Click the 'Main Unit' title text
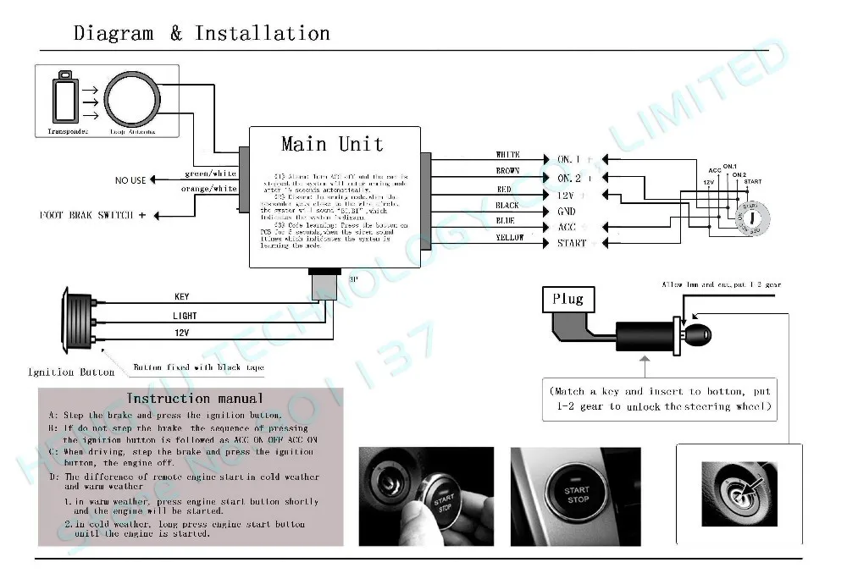[332, 144]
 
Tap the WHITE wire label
[507, 155]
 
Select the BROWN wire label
[507, 171]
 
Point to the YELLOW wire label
[509, 238]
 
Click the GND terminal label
[566, 211]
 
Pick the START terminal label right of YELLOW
[572, 244]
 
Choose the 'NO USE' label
[130, 180]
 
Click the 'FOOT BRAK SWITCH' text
[86, 215]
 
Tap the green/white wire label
[210, 174]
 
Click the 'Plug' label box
[567, 299]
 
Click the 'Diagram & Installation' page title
[202, 34]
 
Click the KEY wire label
[182, 297]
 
